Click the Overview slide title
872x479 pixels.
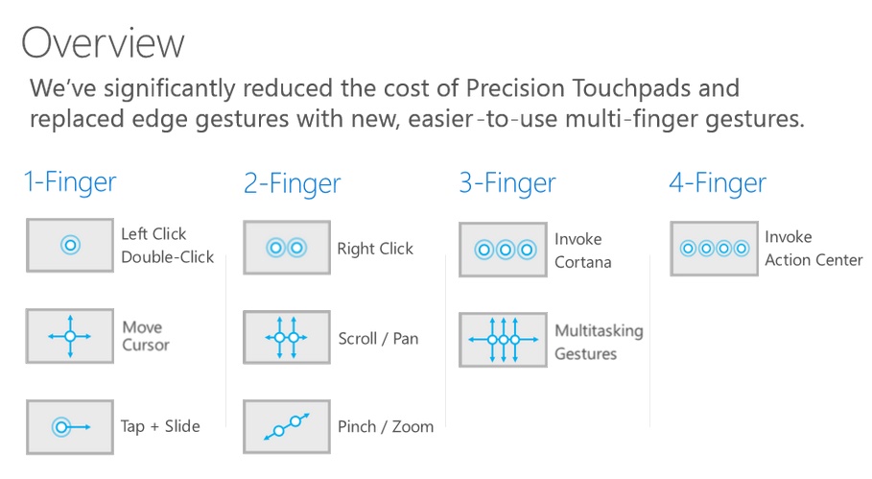click(x=103, y=42)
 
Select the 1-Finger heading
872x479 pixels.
click(x=70, y=181)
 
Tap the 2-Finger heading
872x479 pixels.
click(x=292, y=183)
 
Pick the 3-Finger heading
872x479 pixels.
click(x=507, y=182)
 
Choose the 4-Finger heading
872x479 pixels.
click(x=718, y=181)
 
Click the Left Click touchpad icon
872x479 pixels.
click(x=70, y=245)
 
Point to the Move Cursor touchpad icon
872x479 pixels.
click(x=70, y=336)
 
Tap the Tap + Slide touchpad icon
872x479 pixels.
click(x=70, y=426)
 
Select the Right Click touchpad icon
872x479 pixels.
click(x=286, y=248)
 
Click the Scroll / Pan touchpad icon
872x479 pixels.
click(x=286, y=338)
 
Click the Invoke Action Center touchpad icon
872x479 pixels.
click(x=713, y=249)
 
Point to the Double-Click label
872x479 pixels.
click(x=167, y=257)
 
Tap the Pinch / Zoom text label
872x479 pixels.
click(x=386, y=426)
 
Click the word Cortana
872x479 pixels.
click(x=582, y=262)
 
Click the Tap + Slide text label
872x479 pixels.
click(x=160, y=426)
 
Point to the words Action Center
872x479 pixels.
click(x=813, y=260)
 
